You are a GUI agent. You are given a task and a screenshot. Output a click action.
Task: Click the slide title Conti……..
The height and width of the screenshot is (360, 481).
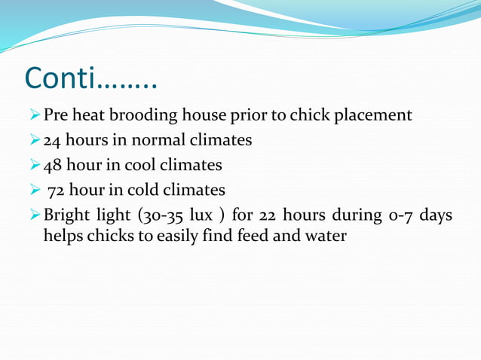tap(90, 78)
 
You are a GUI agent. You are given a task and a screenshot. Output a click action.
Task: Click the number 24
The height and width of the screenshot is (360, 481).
tap(53, 140)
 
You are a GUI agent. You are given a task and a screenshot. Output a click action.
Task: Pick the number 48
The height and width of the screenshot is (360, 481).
tap(53, 164)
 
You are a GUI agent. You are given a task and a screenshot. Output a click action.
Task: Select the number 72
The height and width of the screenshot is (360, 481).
tap(57, 189)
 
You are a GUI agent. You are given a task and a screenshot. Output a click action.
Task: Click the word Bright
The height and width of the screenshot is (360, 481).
tap(66, 215)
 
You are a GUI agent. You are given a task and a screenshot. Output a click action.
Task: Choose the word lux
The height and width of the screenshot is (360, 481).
tap(201, 215)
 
